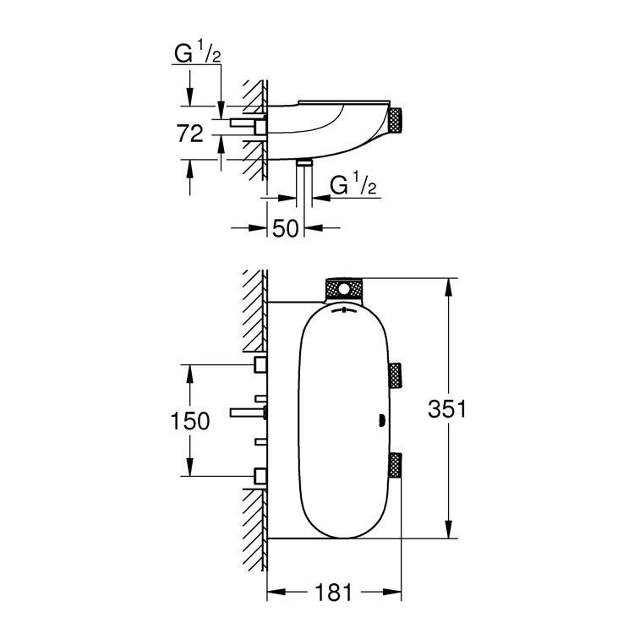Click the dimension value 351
point(448,409)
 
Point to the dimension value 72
point(190,132)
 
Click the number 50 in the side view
point(287,229)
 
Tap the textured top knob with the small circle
point(344,289)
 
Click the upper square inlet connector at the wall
point(260,365)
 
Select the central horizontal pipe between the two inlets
point(248,413)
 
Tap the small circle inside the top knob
point(343,290)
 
